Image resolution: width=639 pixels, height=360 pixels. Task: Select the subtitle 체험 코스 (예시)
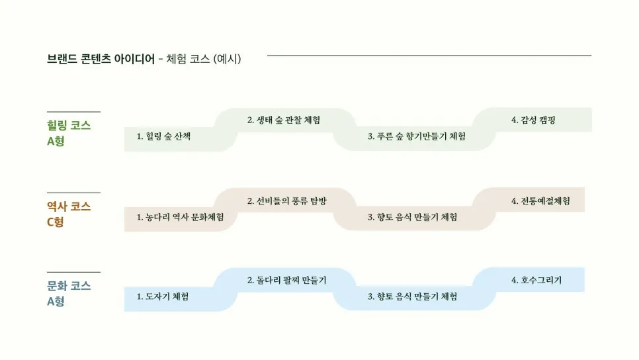tap(203, 59)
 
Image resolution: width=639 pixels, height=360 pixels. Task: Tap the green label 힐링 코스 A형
tap(69, 133)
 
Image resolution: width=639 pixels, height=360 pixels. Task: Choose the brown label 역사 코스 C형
tap(69, 214)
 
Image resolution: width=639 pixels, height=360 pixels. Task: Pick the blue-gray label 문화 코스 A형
tap(69, 294)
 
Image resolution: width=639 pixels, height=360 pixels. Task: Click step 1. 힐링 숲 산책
tap(163, 136)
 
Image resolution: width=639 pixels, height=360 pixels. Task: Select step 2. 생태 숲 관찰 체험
tap(284, 120)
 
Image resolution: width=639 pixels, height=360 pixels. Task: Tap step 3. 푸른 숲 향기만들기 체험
tap(416, 136)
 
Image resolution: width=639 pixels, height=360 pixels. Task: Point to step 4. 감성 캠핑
tap(532, 120)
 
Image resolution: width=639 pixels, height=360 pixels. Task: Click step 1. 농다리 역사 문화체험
tap(180, 217)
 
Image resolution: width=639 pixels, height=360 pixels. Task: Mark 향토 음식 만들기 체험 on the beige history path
tap(412, 217)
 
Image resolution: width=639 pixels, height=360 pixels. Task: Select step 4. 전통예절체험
tap(540, 201)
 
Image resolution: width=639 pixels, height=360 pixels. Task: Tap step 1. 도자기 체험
tap(163, 296)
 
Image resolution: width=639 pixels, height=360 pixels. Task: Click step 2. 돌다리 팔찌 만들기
tap(286, 280)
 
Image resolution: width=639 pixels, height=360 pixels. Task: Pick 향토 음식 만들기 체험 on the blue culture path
tap(412, 296)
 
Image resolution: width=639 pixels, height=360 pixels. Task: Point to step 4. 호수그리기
tap(536, 280)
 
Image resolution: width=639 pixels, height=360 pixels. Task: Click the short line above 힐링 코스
tap(73, 112)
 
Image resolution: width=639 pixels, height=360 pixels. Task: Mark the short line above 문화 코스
tap(73, 272)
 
